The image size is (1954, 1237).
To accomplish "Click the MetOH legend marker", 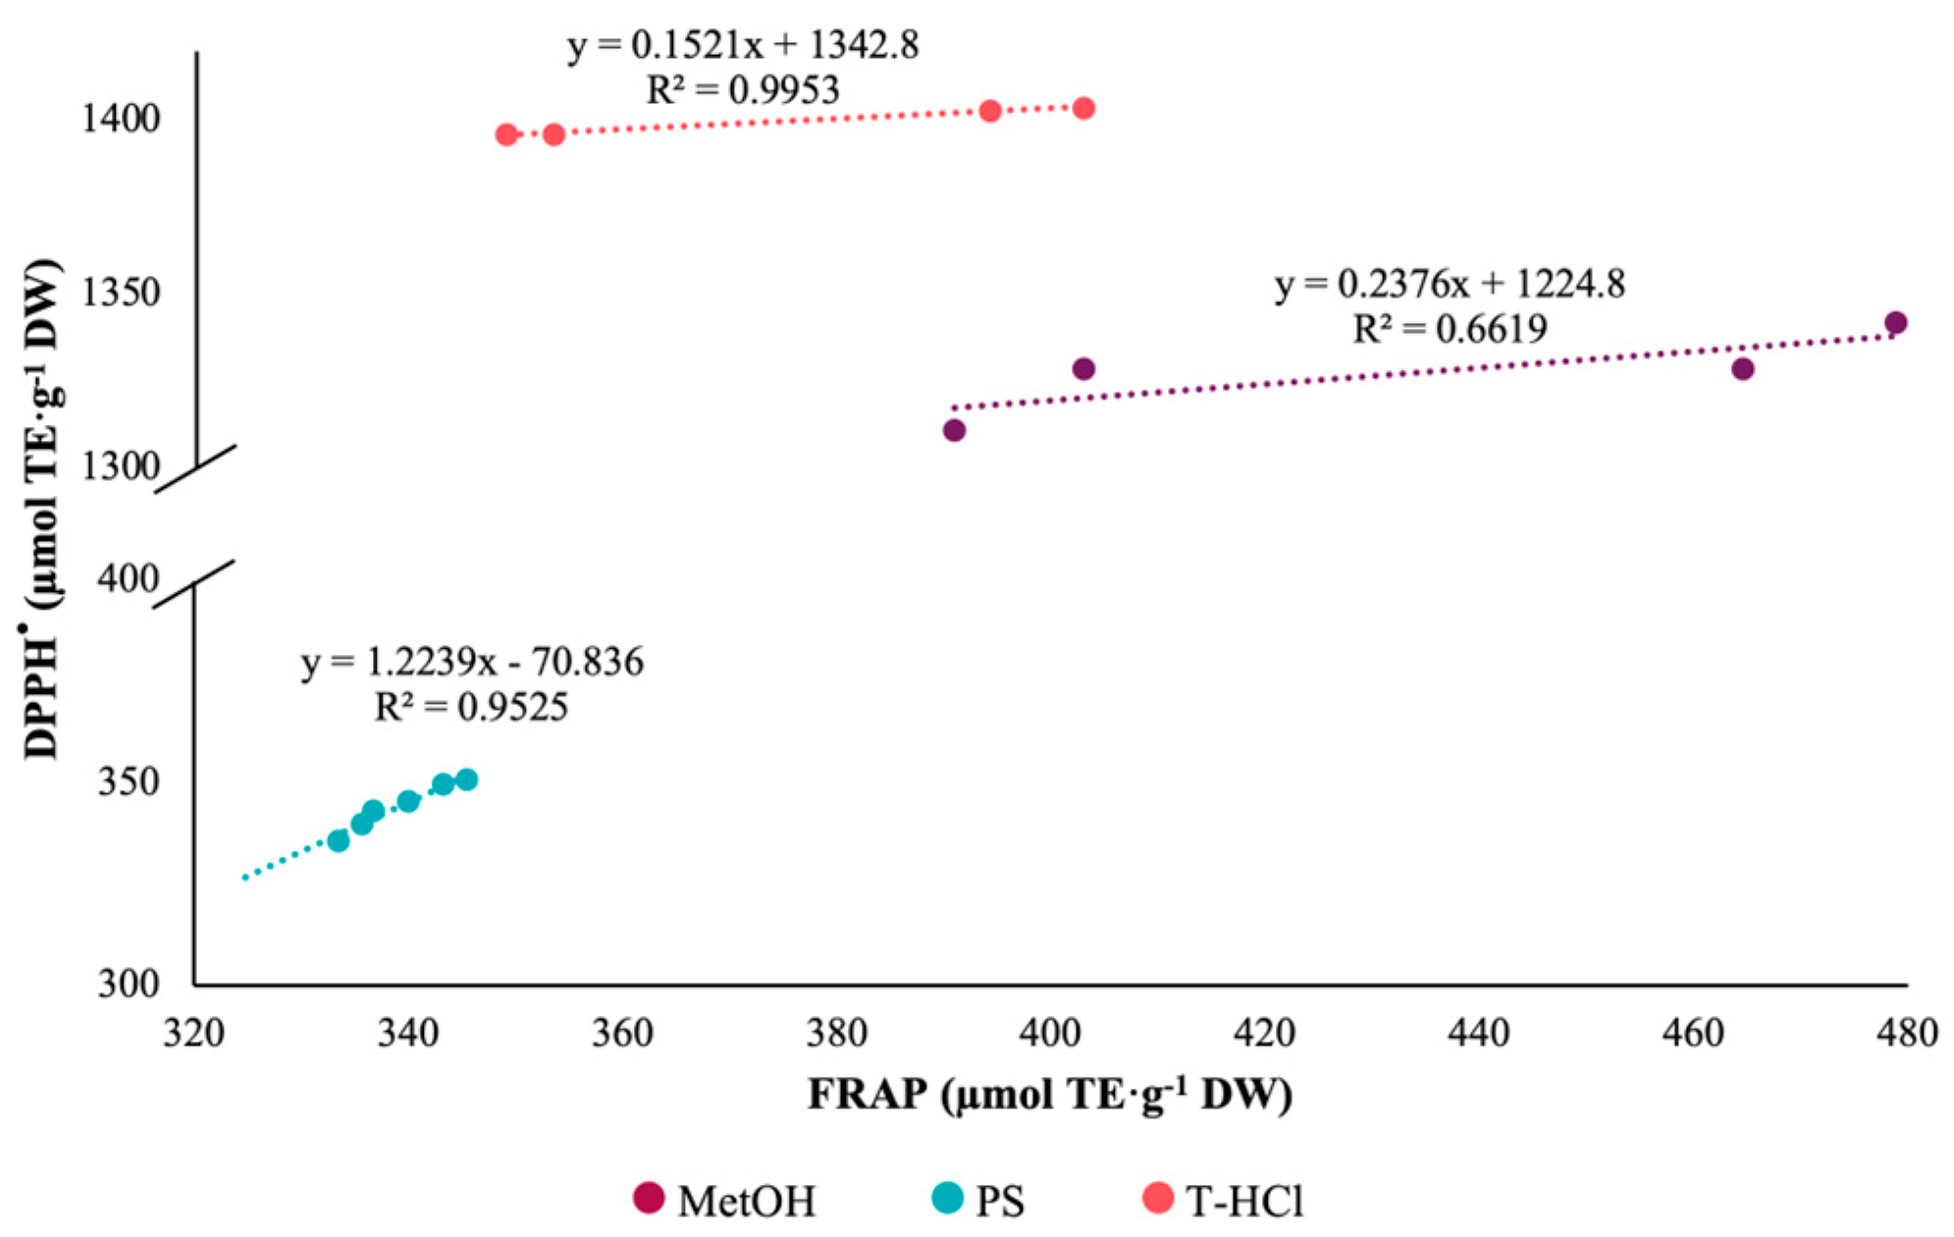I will [649, 1198].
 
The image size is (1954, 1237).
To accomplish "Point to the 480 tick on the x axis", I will [1907, 1032].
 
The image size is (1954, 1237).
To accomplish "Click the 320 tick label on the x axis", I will [193, 1032].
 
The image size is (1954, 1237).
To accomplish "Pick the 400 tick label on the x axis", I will [1050, 1032].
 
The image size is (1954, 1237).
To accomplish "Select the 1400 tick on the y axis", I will [121, 119].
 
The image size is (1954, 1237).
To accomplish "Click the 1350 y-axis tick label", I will [121, 293].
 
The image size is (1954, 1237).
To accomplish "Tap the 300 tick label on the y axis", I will [129, 983].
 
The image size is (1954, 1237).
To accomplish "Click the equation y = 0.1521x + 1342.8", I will [743, 45].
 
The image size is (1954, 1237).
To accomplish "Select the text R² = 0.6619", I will [1450, 329].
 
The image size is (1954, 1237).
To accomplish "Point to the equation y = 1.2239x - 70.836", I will [472, 663].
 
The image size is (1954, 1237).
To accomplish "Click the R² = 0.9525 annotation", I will [471, 707].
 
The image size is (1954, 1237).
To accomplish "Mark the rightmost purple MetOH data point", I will [1895, 323].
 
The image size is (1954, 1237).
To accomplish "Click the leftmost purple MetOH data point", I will [954, 430].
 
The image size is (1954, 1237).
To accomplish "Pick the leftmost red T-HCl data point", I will [506, 134].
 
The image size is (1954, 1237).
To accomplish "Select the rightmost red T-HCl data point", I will [1083, 108].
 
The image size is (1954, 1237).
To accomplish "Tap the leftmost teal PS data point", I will [339, 840].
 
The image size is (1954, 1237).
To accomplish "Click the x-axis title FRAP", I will [1049, 1094].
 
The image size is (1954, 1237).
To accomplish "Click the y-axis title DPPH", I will [41, 511].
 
